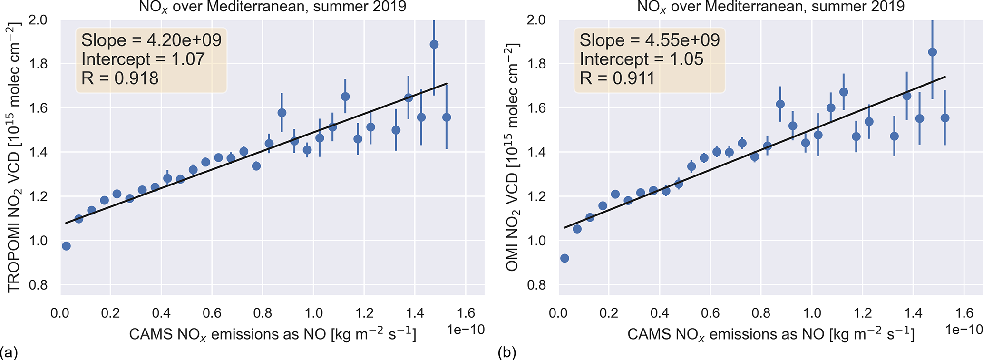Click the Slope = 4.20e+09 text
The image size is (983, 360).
click(x=151, y=40)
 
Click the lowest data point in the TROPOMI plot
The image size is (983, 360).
click(x=66, y=246)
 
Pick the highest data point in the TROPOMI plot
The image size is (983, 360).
click(x=434, y=45)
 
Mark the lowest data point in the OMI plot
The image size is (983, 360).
click(x=564, y=258)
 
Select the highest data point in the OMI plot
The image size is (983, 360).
click(x=932, y=52)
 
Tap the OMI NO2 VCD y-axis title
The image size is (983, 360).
click(x=512, y=157)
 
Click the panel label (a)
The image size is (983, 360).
click(x=9, y=352)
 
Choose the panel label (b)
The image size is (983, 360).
click(x=507, y=352)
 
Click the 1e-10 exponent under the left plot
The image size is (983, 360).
click(x=466, y=330)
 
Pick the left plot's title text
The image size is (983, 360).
click(x=273, y=7)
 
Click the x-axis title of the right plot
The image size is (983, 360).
click(x=770, y=334)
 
